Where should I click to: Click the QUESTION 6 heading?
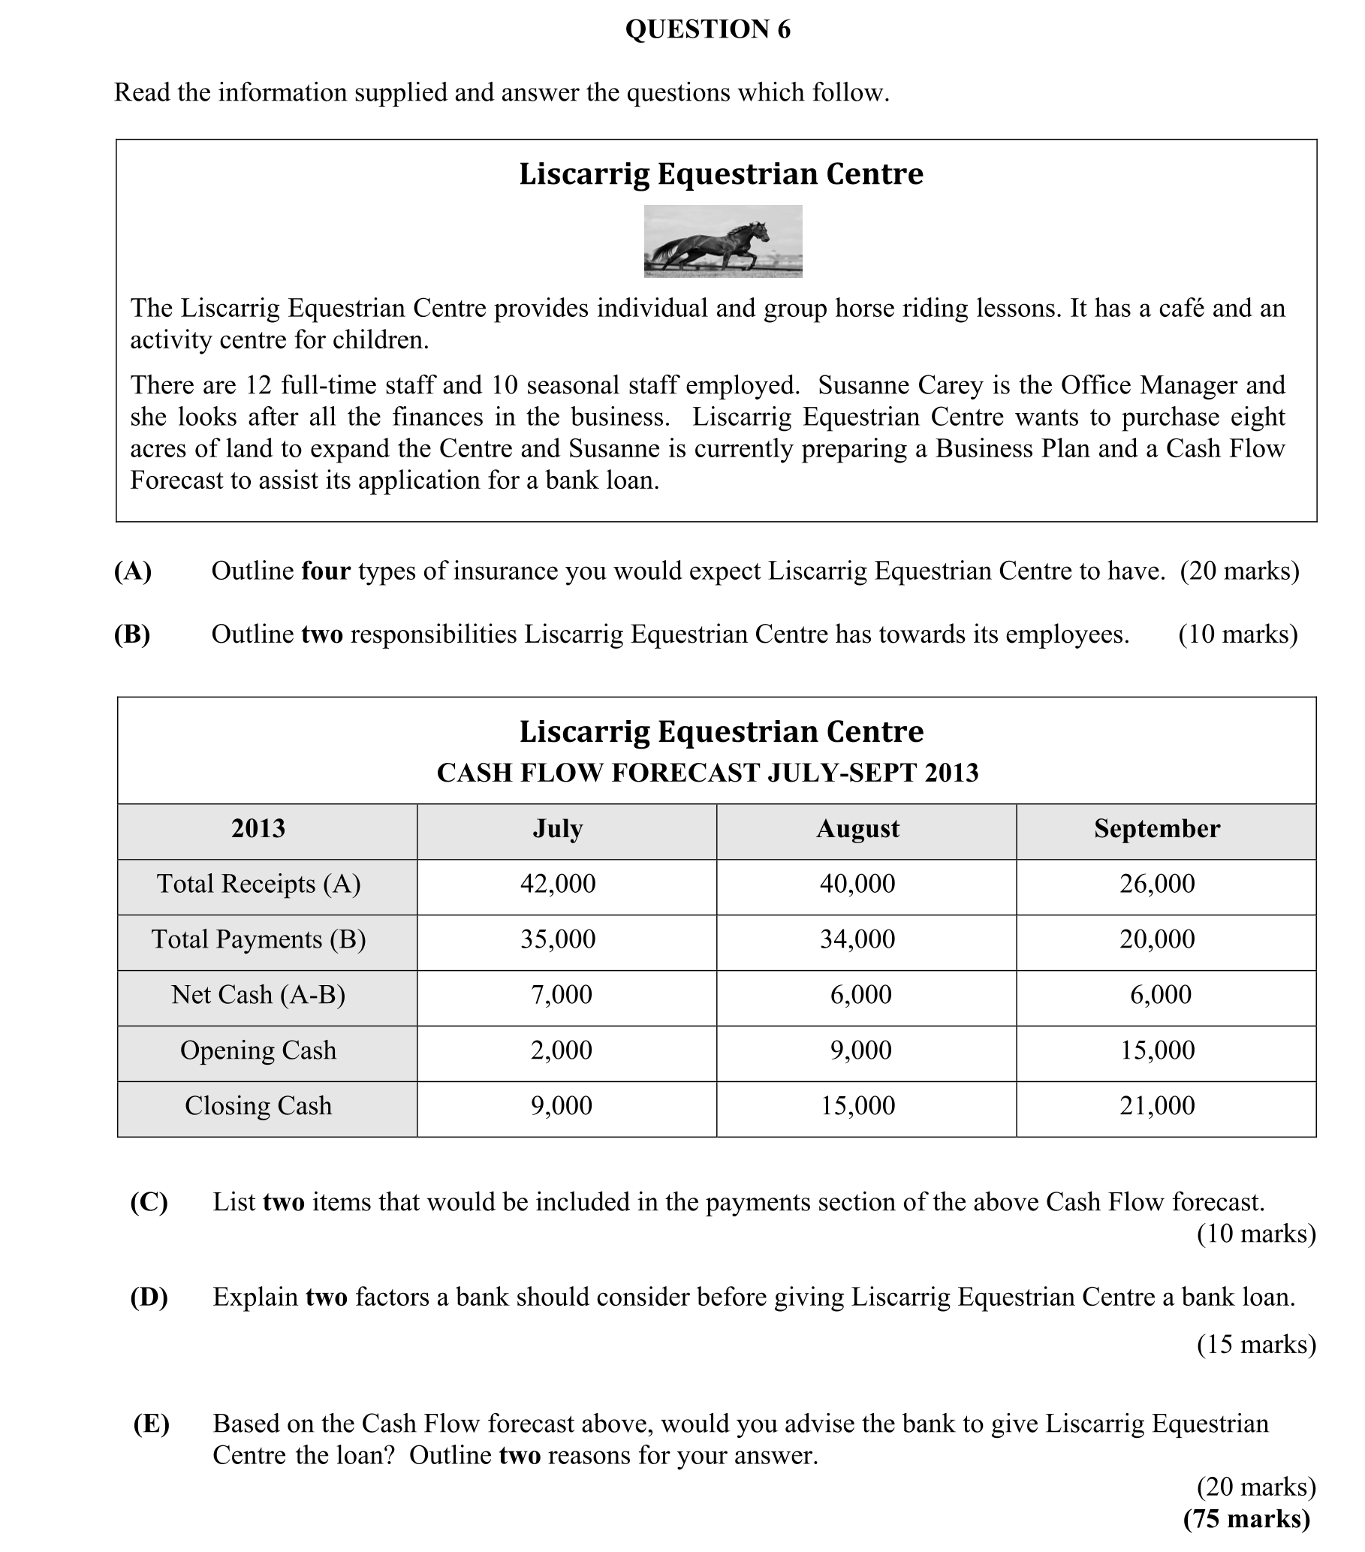click(x=707, y=29)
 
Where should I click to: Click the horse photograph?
click(x=723, y=242)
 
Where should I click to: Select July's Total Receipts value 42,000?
click(x=558, y=884)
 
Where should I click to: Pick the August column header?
click(x=857, y=828)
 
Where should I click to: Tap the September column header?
click(x=1156, y=828)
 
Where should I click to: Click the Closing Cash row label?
click(x=258, y=1105)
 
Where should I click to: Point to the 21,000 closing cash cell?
click(x=1157, y=1105)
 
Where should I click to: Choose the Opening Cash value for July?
click(x=561, y=1050)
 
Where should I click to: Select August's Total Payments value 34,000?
click(x=857, y=939)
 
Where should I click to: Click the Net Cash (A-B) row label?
click(x=258, y=995)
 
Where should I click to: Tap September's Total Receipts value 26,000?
click(x=1157, y=884)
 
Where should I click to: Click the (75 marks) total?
click(x=1246, y=1519)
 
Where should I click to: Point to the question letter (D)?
click(x=149, y=1297)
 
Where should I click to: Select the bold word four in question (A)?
click(x=326, y=570)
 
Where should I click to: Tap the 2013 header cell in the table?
click(x=258, y=828)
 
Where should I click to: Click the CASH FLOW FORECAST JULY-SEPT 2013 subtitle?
click(x=707, y=773)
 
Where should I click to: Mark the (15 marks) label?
click(x=1255, y=1345)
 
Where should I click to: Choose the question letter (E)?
click(x=151, y=1424)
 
